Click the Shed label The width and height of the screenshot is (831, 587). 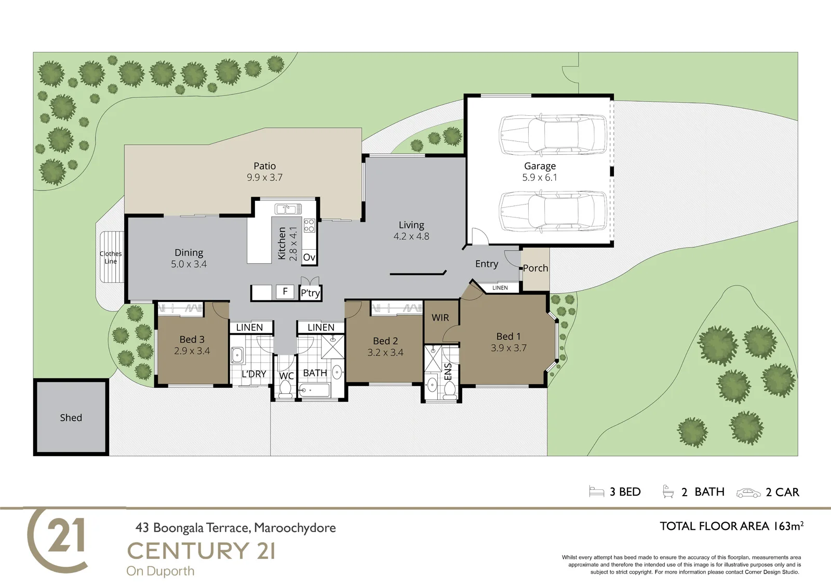pos(71,417)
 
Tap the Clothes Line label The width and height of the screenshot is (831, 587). pos(111,257)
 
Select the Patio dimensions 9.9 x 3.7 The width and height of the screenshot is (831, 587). pos(264,178)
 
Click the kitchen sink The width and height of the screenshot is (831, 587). pos(285,209)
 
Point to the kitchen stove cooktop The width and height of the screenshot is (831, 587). pos(310,225)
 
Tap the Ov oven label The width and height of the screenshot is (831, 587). pos(309,257)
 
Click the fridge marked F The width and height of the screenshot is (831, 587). pos(285,292)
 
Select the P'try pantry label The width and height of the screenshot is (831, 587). pos(310,293)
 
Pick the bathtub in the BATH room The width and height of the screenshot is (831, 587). pos(314,390)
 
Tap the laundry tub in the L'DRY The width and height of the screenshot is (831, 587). pos(237,355)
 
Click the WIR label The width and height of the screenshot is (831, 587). pos(440,318)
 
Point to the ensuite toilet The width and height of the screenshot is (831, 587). pos(450,391)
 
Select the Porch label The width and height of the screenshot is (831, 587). pos(535,268)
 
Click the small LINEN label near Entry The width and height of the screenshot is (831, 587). pos(500,288)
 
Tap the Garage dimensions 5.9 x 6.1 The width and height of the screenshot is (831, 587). pos(540,178)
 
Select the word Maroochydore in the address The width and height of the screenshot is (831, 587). pos(295,528)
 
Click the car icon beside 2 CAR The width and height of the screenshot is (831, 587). pos(748,493)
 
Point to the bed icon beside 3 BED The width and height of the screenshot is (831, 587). pos(597,492)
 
